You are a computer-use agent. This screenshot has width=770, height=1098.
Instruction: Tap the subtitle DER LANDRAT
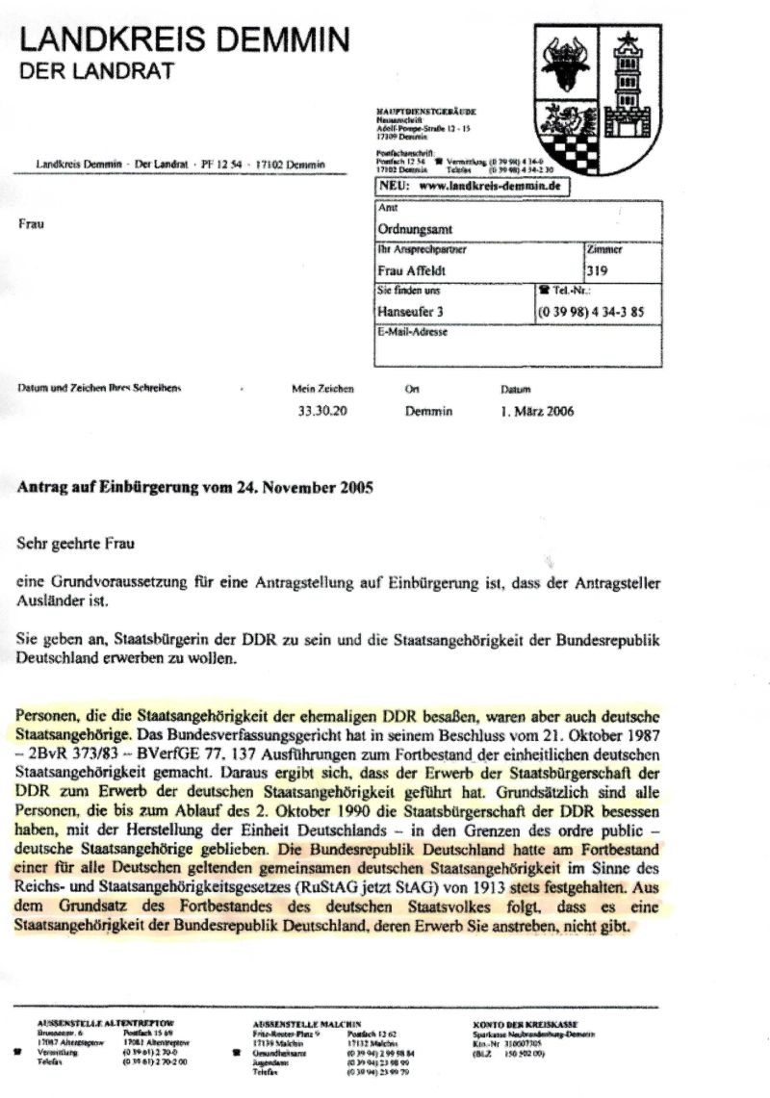tap(96, 70)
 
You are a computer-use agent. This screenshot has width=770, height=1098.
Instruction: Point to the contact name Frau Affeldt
tap(412, 270)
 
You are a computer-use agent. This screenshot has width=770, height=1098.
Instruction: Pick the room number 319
tap(597, 270)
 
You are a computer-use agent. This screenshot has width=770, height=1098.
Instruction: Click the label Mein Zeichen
tap(322, 390)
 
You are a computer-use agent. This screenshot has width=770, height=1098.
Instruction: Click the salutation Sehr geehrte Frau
tap(78, 543)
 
